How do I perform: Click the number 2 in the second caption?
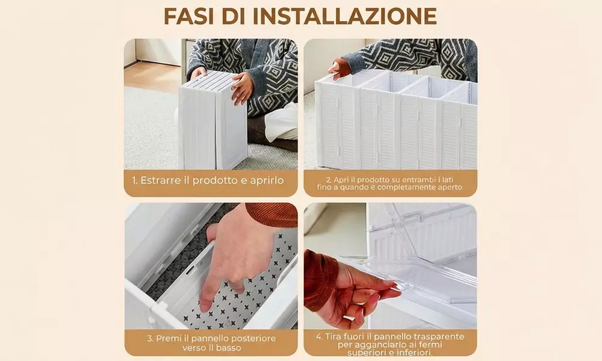pyautogui.click(x=329, y=179)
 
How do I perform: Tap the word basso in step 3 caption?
pyautogui.click(x=229, y=348)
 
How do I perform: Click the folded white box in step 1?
pyautogui.click(x=214, y=120)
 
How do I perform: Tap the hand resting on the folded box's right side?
pyautogui.click(x=242, y=88)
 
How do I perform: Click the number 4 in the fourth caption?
pyautogui.click(x=319, y=337)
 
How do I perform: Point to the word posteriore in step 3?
pyautogui.click(x=254, y=339)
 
